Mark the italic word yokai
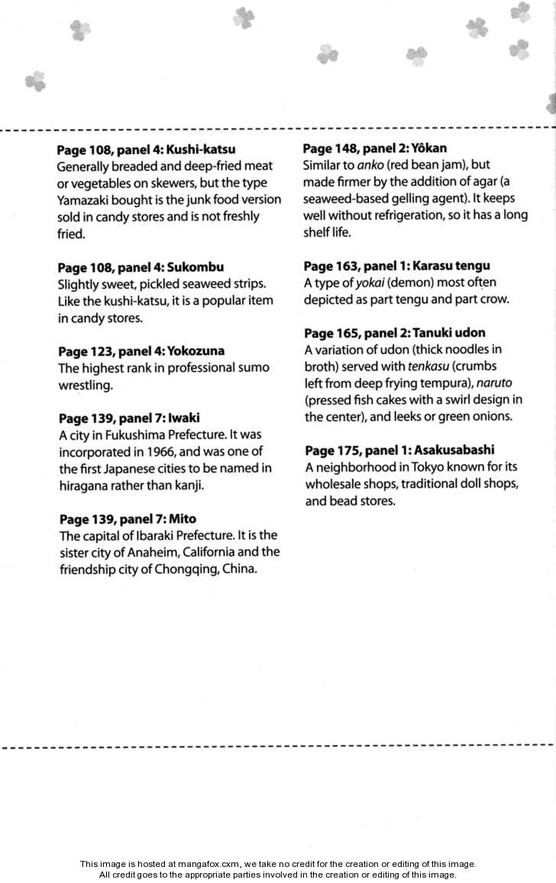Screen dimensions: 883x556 pos(370,282)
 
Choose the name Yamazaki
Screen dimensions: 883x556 pos(84,200)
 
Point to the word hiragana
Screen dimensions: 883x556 pos(86,485)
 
